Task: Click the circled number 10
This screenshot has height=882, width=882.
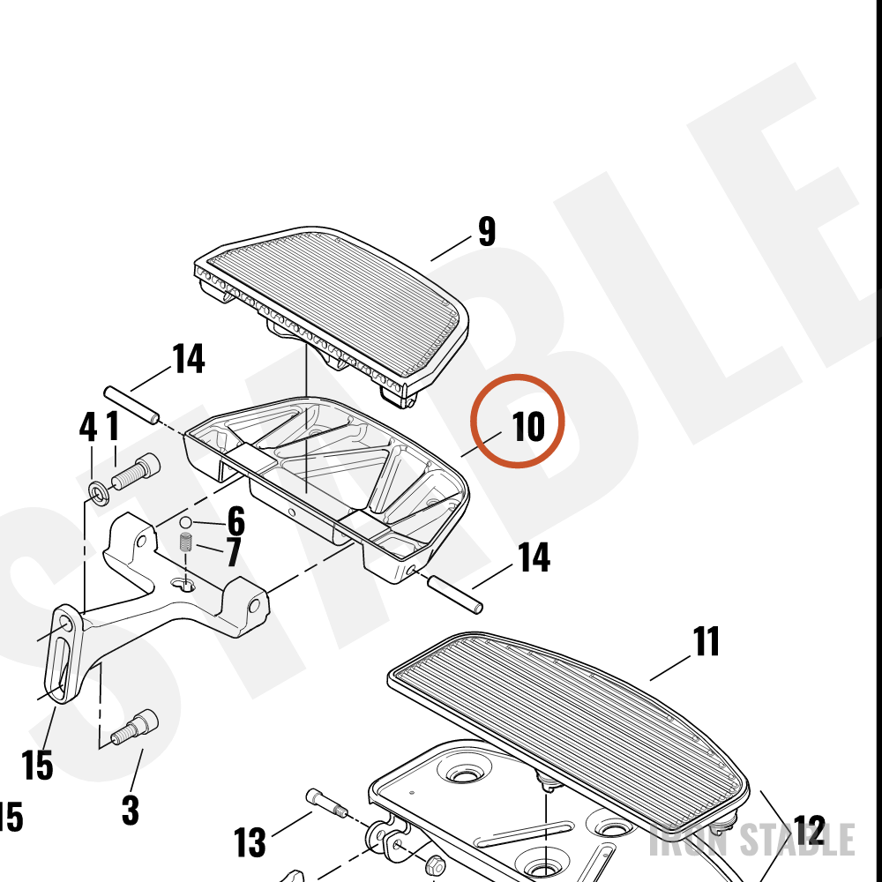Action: [x=528, y=426]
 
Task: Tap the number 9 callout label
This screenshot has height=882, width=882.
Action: [x=487, y=231]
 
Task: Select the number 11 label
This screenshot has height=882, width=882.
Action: [x=706, y=641]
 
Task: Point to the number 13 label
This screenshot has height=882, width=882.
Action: [x=250, y=842]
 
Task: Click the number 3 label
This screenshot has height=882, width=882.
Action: [x=131, y=810]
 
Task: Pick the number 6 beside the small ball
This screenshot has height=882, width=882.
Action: [x=236, y=521]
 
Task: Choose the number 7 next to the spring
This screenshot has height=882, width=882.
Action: [x=234, y=552]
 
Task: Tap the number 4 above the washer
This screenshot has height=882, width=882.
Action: [x=87, y=427]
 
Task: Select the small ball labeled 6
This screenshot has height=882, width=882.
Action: [x=185, y=522]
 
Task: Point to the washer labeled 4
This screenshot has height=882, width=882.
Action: [x=100, y=493]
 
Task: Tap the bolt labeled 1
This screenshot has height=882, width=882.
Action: [x=136, y=471]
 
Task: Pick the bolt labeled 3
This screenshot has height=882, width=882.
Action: [x=135, y=727]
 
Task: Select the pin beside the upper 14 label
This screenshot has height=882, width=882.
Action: [x=131, y=405]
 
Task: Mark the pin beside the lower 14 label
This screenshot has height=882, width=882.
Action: [x=455, y=594]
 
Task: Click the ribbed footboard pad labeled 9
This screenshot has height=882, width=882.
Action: [x=332, y=316]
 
